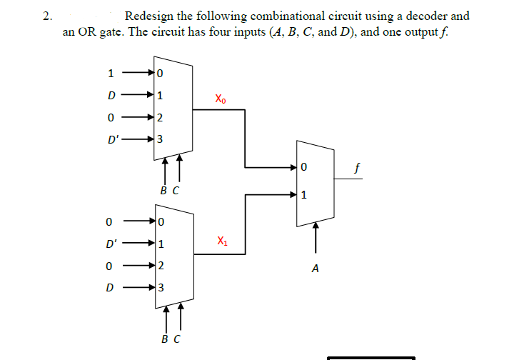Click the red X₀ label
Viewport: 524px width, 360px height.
(x=221, y=99)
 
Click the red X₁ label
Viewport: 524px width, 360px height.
(x=221, y=241)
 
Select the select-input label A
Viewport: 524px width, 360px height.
(x=315, y=269)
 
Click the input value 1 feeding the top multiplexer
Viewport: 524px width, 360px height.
(x=110, y=72)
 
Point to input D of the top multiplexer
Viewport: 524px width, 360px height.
(x=110, y=94)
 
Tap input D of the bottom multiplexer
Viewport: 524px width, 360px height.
(x=109, y=288)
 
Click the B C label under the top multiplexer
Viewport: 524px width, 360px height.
(x=170, y=191)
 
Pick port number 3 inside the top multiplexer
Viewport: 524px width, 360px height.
(x=161, y=139)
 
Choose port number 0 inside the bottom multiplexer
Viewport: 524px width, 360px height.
(x=161, y=221)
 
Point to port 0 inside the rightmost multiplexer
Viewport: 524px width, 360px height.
(x=304, y=168)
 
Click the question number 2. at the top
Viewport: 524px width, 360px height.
(x=47, y=16)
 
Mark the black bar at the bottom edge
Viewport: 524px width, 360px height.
(x=371, y=357)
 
